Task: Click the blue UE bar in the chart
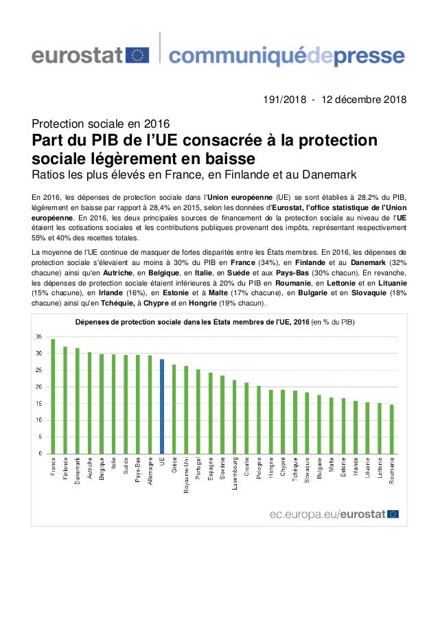[x=162, y=406]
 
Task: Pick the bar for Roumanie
[x=391, y=429]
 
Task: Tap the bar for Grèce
[x=174, y=409]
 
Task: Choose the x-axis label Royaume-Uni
[x=186, y=479]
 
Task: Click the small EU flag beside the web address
[x=393, y=513]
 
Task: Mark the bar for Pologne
[x=258, y=420]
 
